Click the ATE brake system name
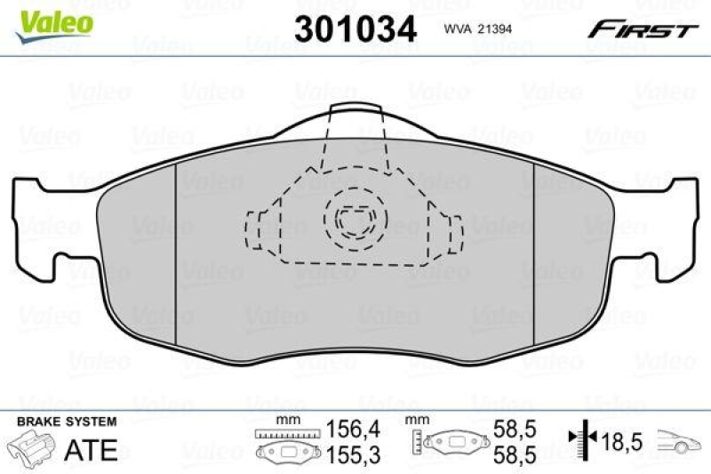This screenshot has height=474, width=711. [x=91, y=449]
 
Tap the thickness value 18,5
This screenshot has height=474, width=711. [x=623, y=440]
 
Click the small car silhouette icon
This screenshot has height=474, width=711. [x=680, y=440]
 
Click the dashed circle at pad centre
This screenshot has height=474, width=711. [x=355, y=218]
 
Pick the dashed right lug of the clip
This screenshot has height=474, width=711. [x=453, y=232]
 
